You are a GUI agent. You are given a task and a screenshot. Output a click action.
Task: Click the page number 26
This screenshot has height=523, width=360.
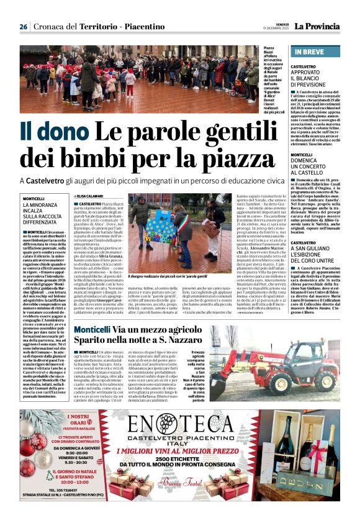[x=23, y=27]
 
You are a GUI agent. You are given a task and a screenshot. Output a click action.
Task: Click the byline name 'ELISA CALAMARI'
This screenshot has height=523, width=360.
[x=99, y=196]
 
